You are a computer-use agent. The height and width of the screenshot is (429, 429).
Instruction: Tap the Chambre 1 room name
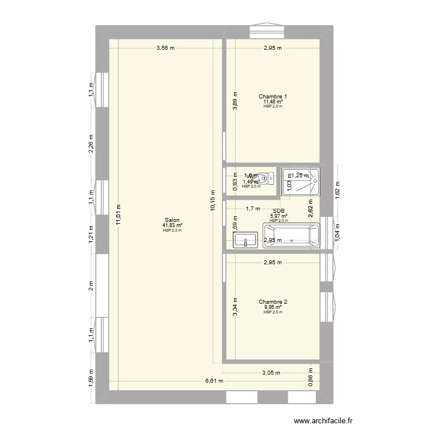(x=272, y=97)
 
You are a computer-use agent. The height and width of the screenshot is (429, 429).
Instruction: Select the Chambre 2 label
(x=272, y=302)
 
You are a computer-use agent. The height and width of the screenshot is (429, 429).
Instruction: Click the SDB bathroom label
(x=279, y=211)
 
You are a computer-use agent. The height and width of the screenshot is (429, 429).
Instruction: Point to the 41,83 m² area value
(x=172, y=225)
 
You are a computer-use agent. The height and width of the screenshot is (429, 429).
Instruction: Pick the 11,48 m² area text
(x=272, y=102)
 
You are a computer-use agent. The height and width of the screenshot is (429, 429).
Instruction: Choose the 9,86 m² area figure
(x=272, y=307)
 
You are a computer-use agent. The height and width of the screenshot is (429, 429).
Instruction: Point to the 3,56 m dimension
(x=165, y=48)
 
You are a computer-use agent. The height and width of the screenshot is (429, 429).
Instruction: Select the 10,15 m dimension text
(x=213, y=200)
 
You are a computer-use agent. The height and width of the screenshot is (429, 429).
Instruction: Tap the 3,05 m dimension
(x=271, y=373)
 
